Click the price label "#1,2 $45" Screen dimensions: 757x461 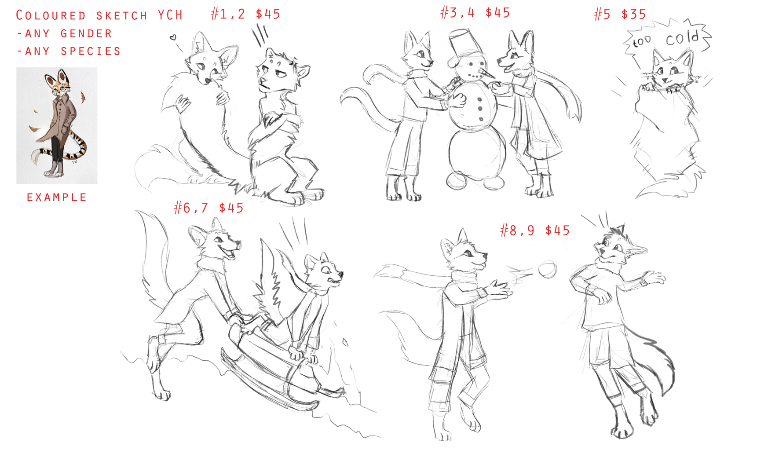245,14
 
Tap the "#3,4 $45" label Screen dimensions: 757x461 475,12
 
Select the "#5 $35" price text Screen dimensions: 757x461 620,14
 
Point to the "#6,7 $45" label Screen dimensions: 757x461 208,208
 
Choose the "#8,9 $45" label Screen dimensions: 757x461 535,230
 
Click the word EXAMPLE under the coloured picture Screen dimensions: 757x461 57,198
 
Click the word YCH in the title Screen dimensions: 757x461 170,15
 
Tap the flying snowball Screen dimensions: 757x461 548,269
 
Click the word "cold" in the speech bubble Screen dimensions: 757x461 682,38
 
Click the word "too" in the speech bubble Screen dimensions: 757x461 642,42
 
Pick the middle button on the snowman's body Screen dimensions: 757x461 479,108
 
